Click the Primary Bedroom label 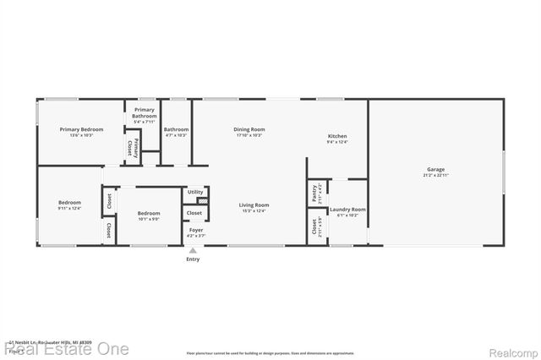click(81, 129)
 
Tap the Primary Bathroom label click(145, 112)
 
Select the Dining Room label click(249, 129)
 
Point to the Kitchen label click(337, 136)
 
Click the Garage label click(435, 169)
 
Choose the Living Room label click(254, 205)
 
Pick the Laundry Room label click(347, 210)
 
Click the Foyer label click(195, 230)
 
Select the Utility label click(195, 192)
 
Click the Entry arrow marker click(193, 250)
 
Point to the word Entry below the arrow click(193, 259)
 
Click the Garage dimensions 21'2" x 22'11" click(435, 175)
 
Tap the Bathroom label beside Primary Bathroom click(176, 129)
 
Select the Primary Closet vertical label click(129, 147)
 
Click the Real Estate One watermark click(68, 348)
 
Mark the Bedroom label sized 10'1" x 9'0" click(149, 213)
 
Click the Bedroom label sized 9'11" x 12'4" click(69, 203)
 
